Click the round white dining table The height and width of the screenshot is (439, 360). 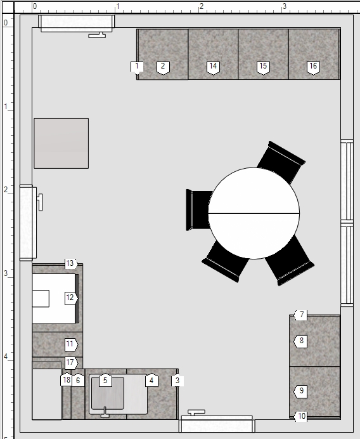[x=254, y=213]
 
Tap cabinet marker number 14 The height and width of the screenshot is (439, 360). [x=213, y=68]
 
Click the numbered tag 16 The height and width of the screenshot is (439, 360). [x=313, y=68]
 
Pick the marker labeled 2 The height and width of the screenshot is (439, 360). [x=163, y=68]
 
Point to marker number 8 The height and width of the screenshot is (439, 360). [x=300, y=341]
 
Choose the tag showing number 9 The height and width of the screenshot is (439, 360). [x=300, y=391]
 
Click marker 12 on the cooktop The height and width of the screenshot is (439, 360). [x=71, y=298]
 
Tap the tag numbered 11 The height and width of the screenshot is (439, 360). [x=71, y=344]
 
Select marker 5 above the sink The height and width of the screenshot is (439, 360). [x=105, y=380]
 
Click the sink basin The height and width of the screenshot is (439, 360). [x=108, y=393]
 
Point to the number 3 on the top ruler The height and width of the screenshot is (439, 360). [x=284, y=6]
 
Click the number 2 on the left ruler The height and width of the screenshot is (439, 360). [x=6, y=190]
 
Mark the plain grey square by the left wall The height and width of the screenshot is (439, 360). [x=61, y=143]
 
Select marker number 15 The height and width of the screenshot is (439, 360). [x=263, y=68]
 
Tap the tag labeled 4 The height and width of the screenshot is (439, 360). [x=151, y=380]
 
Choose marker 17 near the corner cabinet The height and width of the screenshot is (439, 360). [x=71, y=363]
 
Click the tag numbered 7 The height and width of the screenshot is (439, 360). [x=300, y=315]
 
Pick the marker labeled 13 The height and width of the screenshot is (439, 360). [x=71, y=263]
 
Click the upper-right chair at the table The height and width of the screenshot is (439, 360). [x=282, y=162]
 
